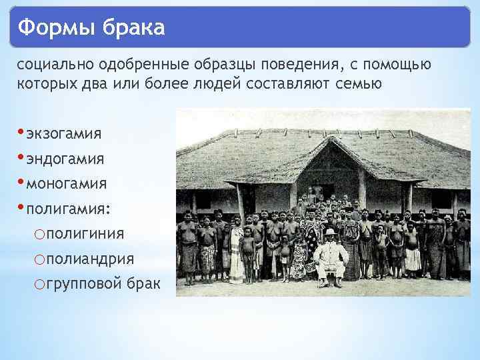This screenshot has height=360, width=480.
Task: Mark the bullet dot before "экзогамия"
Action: tap(21, 131)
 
